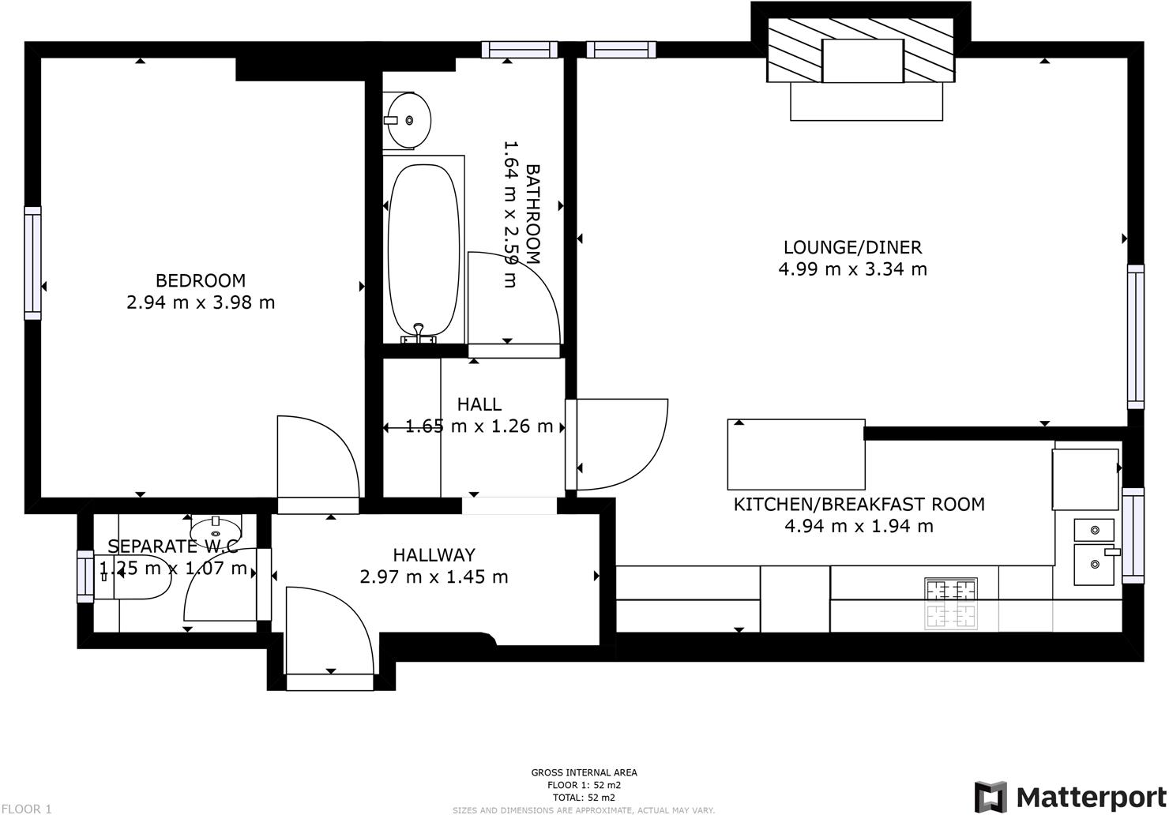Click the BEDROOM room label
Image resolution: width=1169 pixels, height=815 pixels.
(200, 280)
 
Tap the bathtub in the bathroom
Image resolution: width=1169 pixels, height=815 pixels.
(423, 251)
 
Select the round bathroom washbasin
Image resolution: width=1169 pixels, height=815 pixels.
(408, 119)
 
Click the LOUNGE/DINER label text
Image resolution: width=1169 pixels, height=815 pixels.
(852, 247)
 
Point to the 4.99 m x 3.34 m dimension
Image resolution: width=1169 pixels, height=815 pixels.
(852, 269)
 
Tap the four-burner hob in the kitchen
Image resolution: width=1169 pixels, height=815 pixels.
(950, 603)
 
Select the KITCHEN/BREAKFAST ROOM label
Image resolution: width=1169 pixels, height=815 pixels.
(859, 504)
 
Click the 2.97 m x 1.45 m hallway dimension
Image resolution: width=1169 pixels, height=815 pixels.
(434, 577)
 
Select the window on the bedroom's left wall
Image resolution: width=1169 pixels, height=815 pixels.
(32, 263)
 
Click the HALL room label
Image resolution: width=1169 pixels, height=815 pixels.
(479, 404)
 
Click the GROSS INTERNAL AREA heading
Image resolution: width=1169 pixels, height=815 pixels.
(584, 772)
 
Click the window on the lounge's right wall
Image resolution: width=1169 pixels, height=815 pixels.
(1135, 336)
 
